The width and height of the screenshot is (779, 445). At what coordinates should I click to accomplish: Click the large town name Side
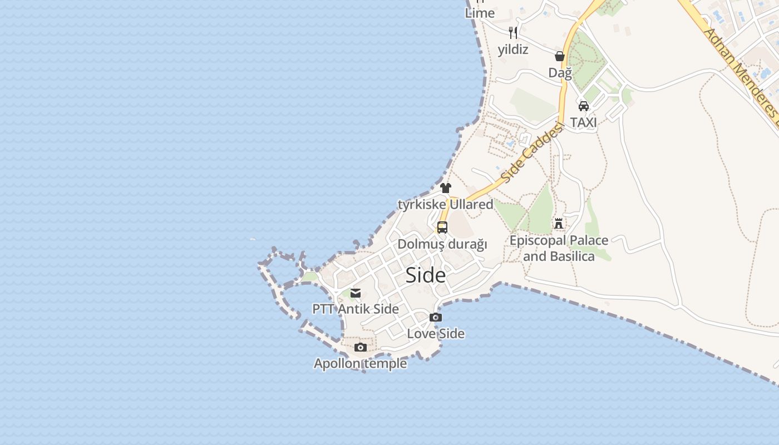pyautogui.click(x=426, y=275)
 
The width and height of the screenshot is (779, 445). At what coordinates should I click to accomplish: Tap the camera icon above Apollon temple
pyautogui.click(x=361, y=348)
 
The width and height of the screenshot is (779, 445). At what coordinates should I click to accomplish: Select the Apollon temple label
pyautogui.click(x=360, y=364)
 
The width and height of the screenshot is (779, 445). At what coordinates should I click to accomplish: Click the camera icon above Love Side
pyautogui.click(x=436, y=318)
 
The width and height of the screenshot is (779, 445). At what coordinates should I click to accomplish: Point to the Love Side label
pyautogui.click(x=436, y=334)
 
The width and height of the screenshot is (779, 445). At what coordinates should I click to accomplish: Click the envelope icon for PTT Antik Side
pyautogui.click(x=356, y=293)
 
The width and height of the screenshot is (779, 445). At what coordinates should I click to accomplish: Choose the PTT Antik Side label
pyautogui.click(x=356, y=309)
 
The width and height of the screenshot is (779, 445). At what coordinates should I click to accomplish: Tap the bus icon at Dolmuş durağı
pyautogui.click(x=442, y=228)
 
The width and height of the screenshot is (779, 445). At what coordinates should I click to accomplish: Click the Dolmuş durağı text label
pyautogui.click(x=442, y=244)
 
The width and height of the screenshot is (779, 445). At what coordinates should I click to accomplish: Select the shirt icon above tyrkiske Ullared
pyautogui.click(x=446, y=188)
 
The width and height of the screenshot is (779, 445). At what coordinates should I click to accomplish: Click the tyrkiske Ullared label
pyautogui.click(x=445, y=204)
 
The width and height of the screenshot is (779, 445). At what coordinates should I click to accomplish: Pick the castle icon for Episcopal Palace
pyautogui.click(x=559, y=224)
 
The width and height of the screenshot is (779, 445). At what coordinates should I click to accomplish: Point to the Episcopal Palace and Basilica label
pyautogui.click(x=559, y=248)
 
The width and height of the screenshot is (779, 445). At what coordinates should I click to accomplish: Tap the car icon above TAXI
pyautogui.click(x=583, y=106)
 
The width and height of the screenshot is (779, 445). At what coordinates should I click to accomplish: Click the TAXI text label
pyautogui.click(x=583, y=122)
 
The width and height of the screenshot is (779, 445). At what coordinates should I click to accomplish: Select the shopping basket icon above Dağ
pyautogui.click(x=560, y=56)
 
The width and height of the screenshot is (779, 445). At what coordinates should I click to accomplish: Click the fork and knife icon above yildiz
pyautogui.click(x=513, y=33)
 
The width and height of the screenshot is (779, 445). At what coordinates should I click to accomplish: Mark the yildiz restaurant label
pyautogui.click(x=513, y=50)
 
